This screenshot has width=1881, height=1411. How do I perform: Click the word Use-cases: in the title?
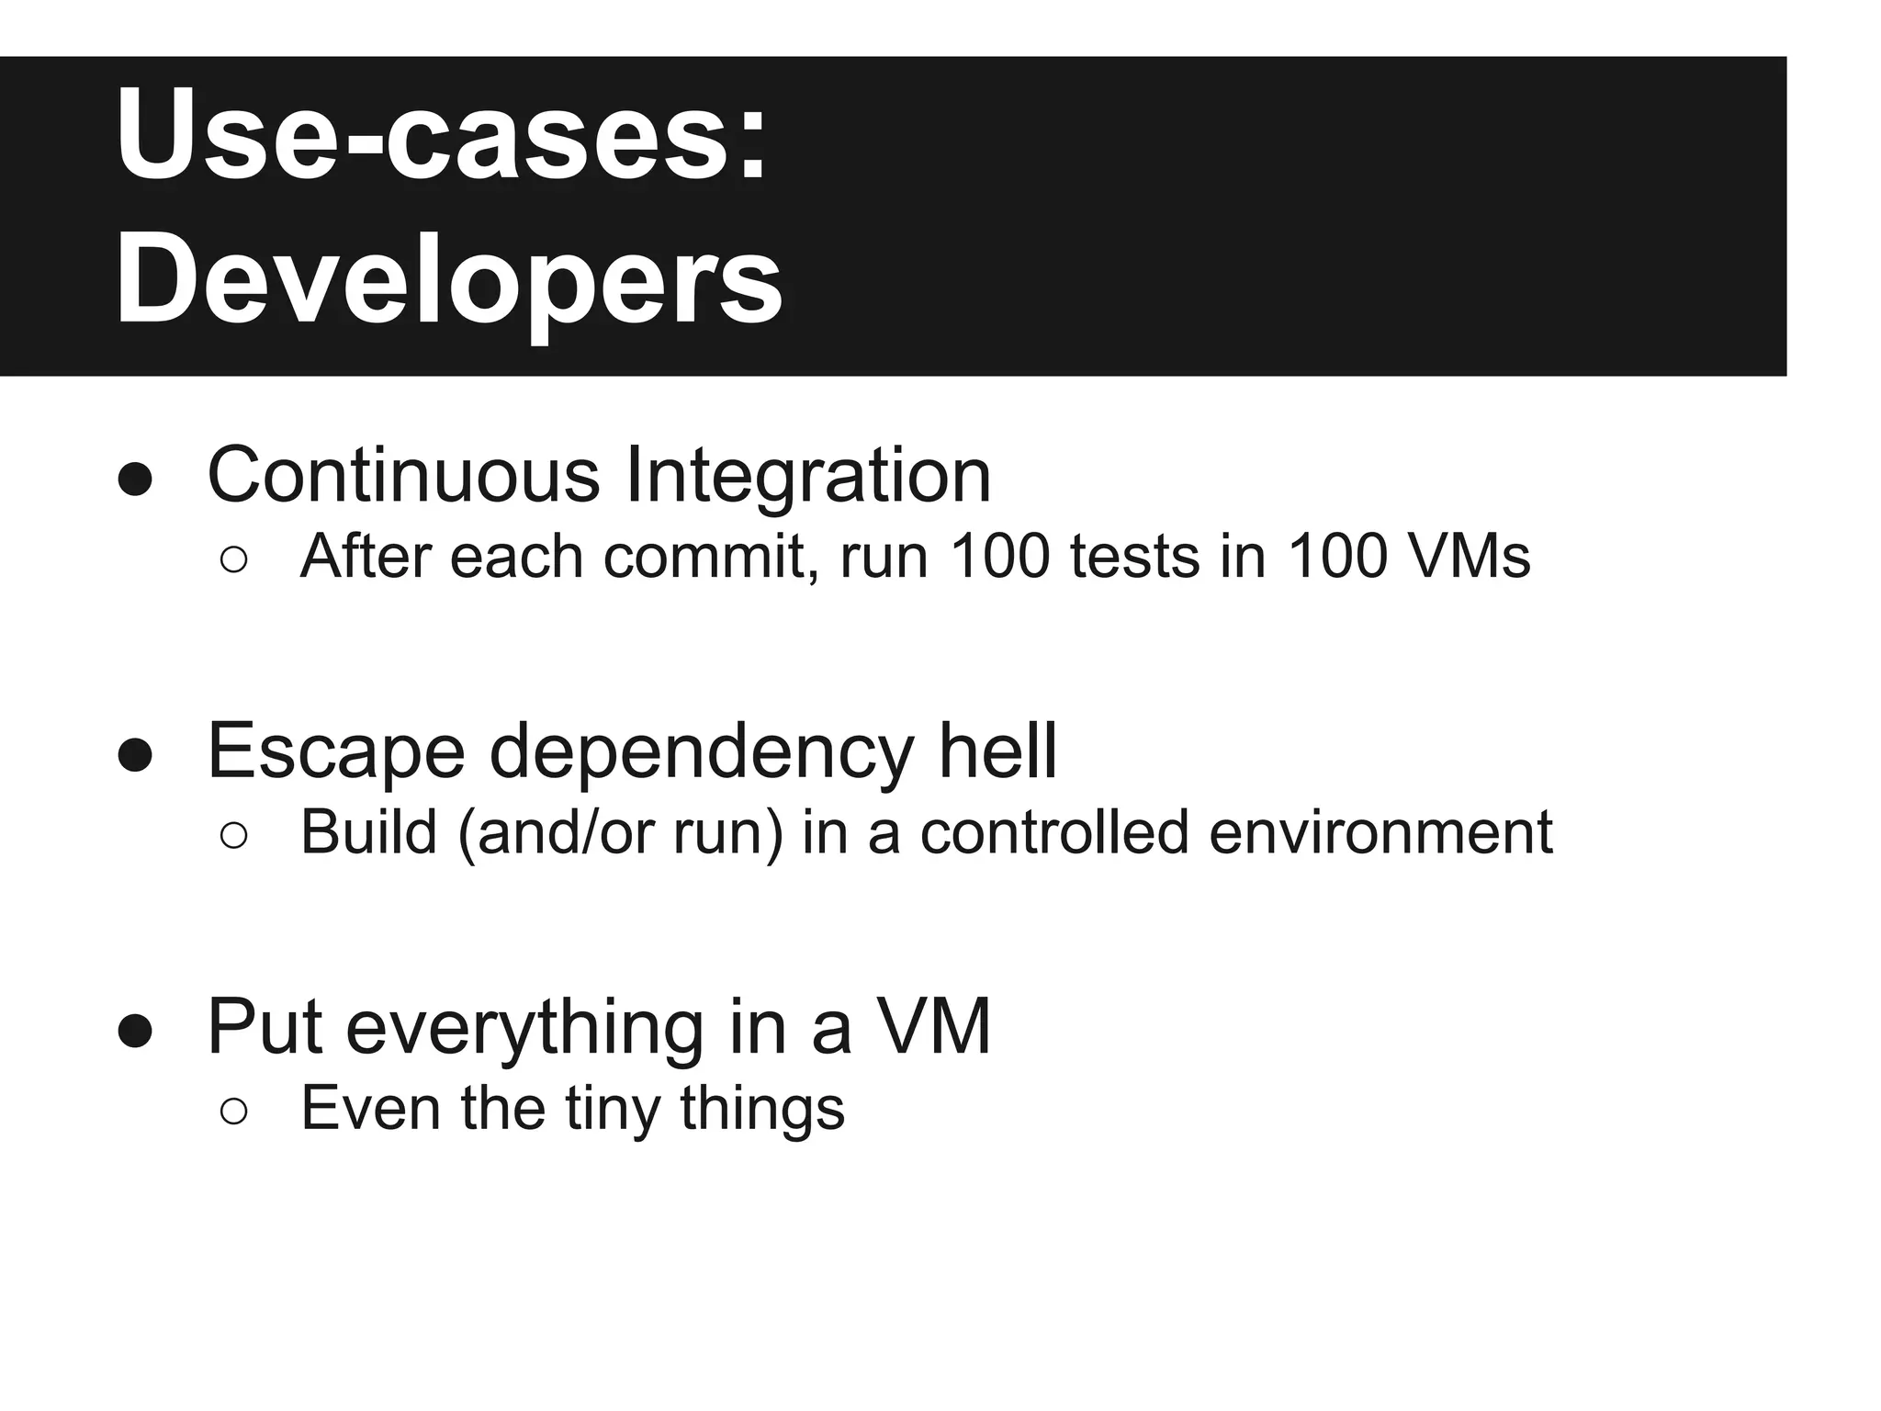(x=441, y=136)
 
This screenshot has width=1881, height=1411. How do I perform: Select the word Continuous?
(x=403, y=475)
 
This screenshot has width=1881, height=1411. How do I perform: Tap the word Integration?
(x=807, y=475)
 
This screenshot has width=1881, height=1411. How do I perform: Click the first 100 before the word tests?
(x=999, y=557)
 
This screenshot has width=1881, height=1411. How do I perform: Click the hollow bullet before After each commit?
(x=234, y=560)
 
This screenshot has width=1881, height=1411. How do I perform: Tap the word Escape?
(x=336, y=751)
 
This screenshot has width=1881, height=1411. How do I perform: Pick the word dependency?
(x=702, y=751)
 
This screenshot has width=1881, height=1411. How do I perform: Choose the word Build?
(x=367, y=832)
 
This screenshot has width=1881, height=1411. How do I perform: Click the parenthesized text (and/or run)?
(x=619, y=832)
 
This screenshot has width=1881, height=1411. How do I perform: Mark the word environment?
(x=1380, y=832)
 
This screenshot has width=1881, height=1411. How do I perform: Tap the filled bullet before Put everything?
(x=135, y=1032)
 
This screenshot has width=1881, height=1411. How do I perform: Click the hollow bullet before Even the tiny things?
(x=234, y=1112)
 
